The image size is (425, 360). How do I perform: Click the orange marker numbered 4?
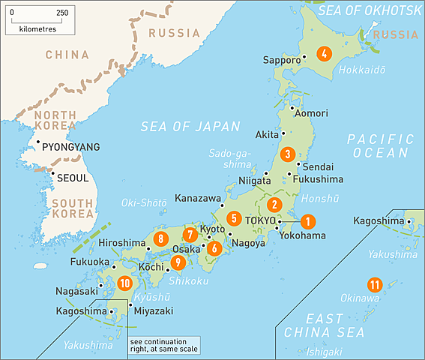324,53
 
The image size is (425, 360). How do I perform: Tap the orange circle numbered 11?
374,285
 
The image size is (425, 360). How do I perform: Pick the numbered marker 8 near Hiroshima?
160,239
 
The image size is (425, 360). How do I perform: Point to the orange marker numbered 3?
286,154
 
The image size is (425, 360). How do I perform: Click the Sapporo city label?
282,59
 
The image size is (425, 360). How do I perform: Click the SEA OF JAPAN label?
190,127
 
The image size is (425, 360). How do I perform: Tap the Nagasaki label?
76,291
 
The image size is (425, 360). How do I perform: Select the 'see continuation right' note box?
164,344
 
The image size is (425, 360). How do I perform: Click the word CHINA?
67,55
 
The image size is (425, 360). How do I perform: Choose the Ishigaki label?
323,351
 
